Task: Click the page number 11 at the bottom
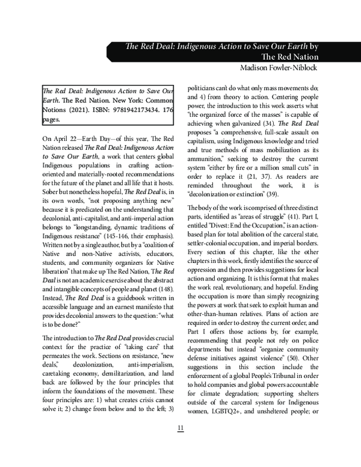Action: tap(180, 428)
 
